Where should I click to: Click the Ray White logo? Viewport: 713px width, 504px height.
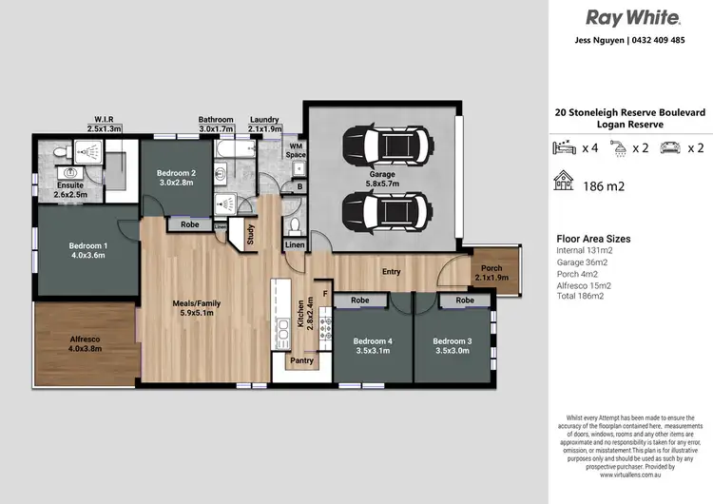631,17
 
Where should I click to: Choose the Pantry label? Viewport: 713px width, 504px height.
301,360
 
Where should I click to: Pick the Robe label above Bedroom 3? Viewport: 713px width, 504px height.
464,300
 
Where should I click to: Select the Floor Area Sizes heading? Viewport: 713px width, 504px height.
593,239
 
